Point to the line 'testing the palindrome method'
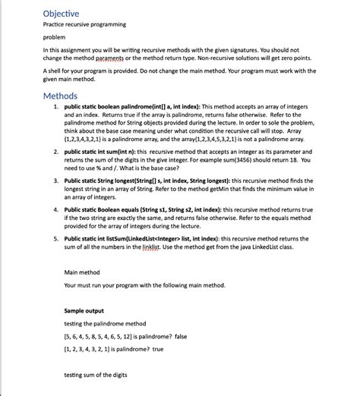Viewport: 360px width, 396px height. pyautogui.click(x=105, y=323)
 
